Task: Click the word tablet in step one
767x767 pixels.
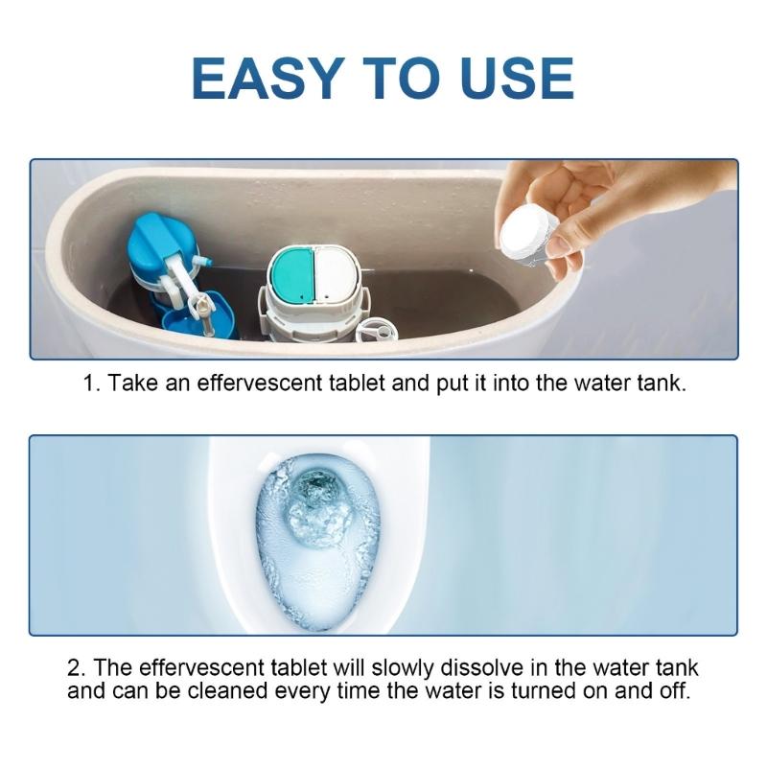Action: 354,383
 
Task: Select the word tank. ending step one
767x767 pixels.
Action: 663,383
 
